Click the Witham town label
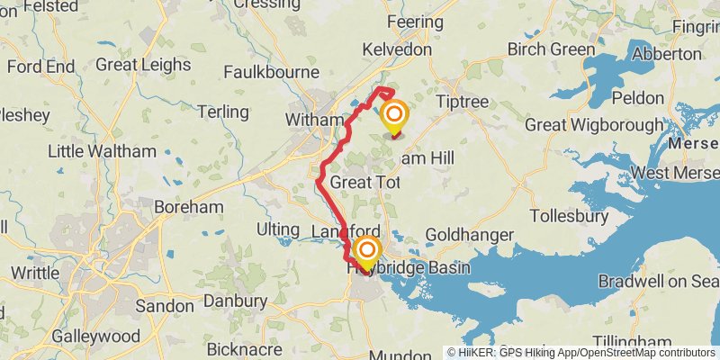(314, 119)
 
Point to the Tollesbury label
(571, 216)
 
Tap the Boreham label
(188, 206)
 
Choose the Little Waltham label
(88, 151)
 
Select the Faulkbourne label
(271, 72)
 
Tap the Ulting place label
(277, 229)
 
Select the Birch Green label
(547, 49)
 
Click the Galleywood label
(96, 336)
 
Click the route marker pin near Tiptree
(394, 117)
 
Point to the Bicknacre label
(246, 348)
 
